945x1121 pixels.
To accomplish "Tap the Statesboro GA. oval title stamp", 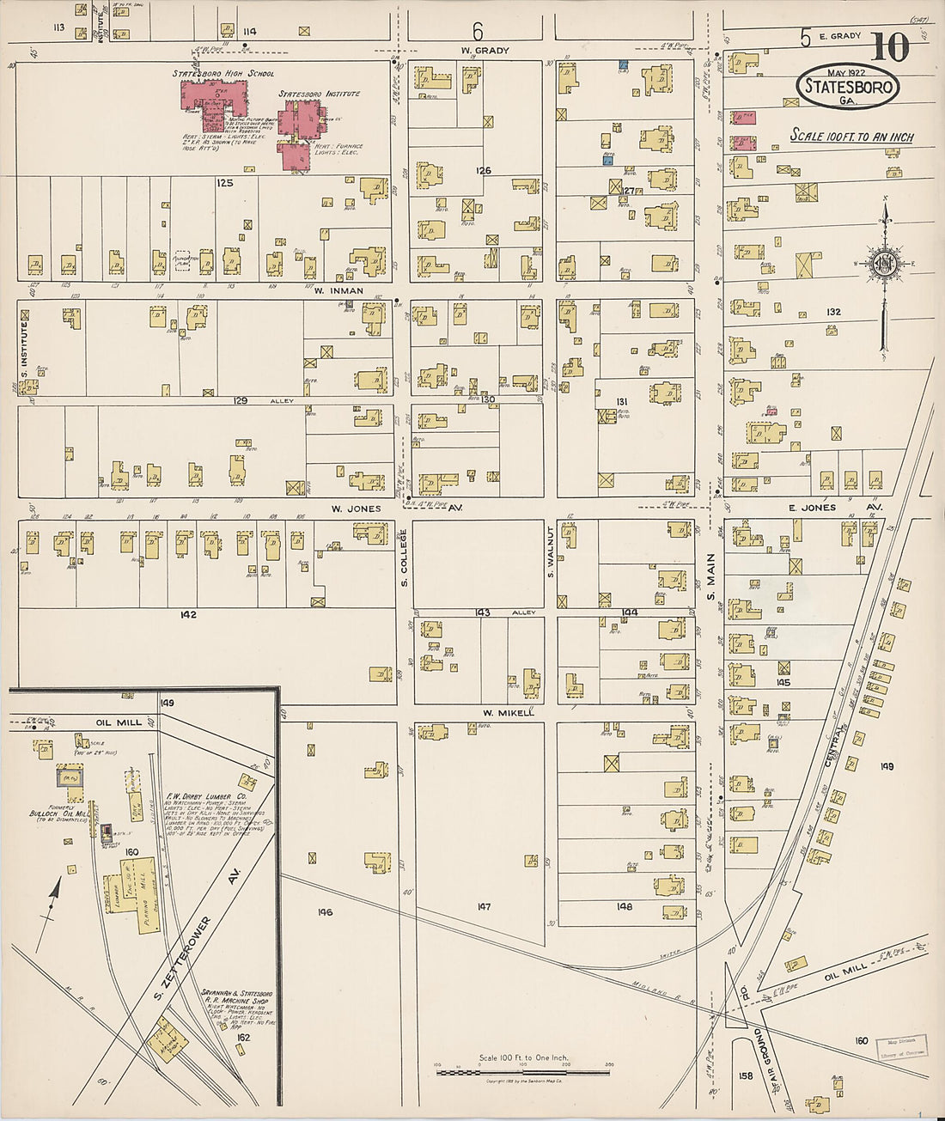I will pyautogui.click(x=848, y=87).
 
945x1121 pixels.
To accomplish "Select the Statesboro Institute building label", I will pyautogui.click(x=319, y=94).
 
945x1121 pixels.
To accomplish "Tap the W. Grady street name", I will pyautogui.click(x=485, y=51).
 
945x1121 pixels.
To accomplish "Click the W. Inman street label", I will pyautogui.click(x=338, y=291).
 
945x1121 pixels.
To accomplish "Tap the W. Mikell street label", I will pyautogui.click(x=509, y=712).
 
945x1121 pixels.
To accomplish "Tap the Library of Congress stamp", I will pyautogui.click(x=901, y=1049).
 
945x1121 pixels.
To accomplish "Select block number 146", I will pyautogui.click(x=324, y=912).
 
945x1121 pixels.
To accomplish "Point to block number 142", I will pyautogui.click(x=188, y=614).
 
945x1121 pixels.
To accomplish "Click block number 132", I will pyautogui.click(x=832, y=312).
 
